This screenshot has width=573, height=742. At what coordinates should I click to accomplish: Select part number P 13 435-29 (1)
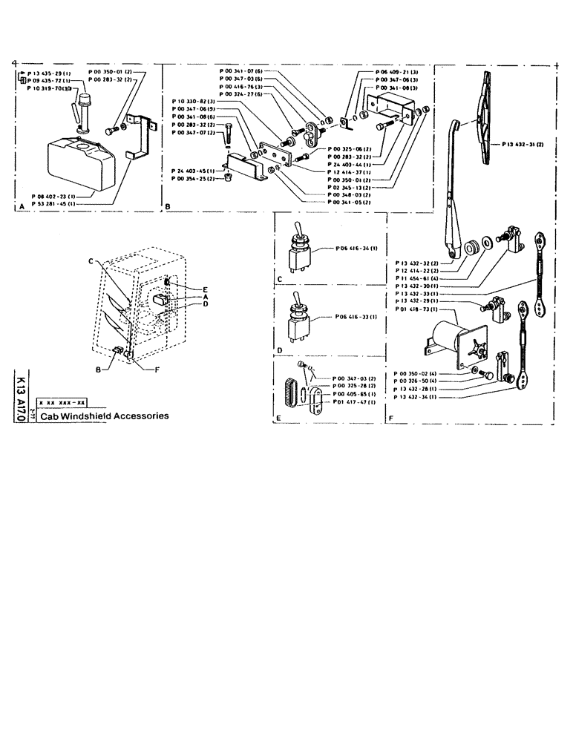[x=49, y=74]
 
